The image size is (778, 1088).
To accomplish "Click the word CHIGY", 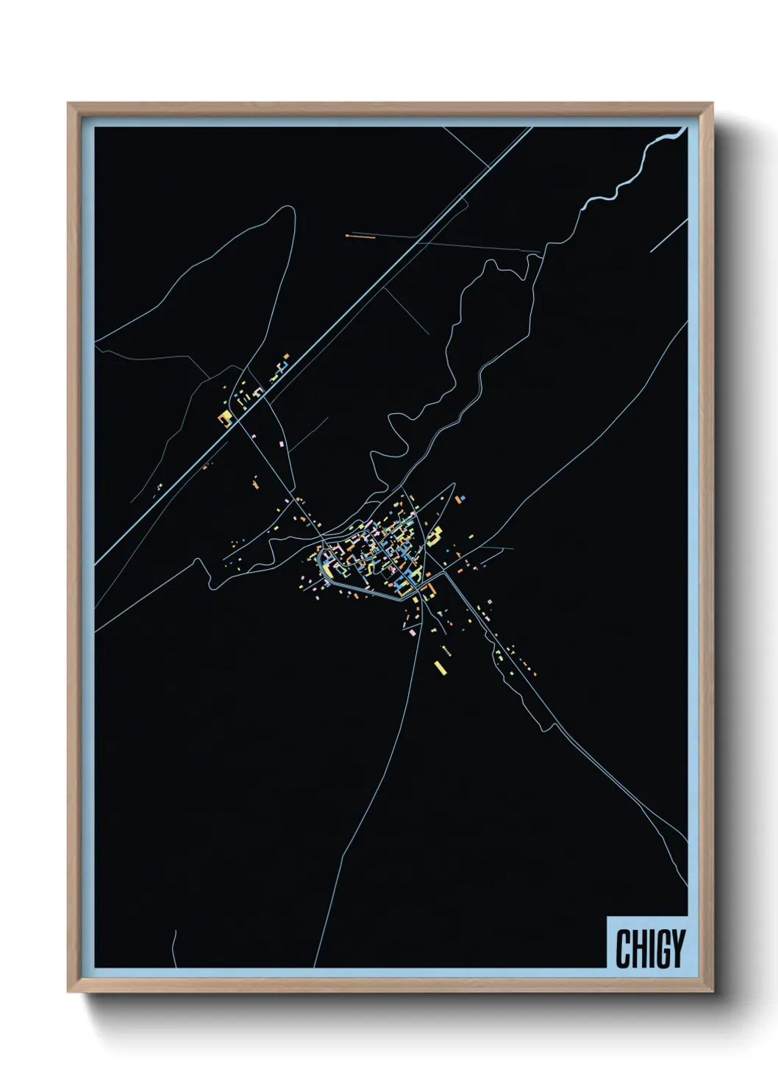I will [650, 948].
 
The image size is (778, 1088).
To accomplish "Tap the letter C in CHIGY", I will [623, 948].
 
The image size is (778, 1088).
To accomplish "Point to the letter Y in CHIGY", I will [677, 948].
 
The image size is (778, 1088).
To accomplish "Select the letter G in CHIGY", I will [660, 948].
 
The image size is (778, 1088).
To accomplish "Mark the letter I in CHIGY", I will [648, 948].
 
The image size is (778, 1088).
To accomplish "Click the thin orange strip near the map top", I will [360, 236].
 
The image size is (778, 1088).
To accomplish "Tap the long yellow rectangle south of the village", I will [440, 668].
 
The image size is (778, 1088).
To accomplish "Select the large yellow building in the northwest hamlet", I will [225, 418].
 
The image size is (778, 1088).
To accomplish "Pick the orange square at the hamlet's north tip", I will [286, 356].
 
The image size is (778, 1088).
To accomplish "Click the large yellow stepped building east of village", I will [435, 534].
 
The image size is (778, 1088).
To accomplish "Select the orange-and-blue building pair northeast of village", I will [460, 499].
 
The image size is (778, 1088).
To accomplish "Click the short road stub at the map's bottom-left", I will [174, 948].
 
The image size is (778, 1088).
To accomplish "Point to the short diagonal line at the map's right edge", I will [668, 236].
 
